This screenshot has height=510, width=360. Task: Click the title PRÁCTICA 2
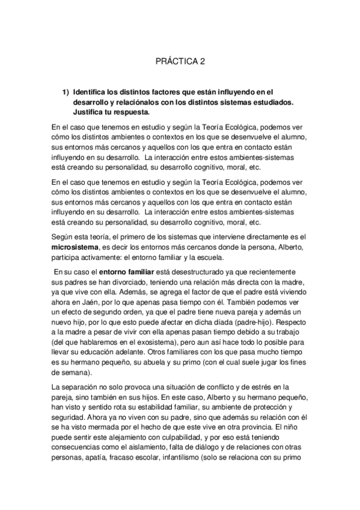pyautogui.click(x=180, y=61)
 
